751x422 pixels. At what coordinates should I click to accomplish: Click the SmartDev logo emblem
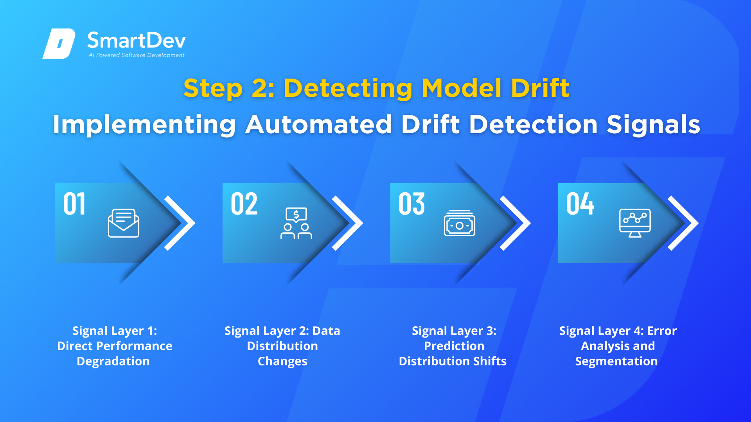[x=59, y=43]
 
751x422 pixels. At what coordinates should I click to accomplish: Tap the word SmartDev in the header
[x=137, y=40]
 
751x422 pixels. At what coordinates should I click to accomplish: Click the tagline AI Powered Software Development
[x=137, y=55]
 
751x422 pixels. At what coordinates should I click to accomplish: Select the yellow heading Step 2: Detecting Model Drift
[x=376, y=88]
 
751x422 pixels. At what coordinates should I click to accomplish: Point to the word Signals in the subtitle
[x=653, y=125]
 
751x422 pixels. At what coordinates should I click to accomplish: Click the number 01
[x=74, y=204]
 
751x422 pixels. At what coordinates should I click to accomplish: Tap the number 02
[x=244, y=204]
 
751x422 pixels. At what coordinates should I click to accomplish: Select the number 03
[x=411, y=204]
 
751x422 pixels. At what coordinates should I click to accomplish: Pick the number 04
[x=580, y=204]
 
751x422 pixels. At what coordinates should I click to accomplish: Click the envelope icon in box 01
[x=124, y=223]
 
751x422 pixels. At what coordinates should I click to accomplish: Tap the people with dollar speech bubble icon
[x=296, y=223]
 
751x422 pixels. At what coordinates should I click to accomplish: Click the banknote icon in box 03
[x=460, y=223]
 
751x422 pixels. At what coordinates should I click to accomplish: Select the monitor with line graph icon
[x=635, y=223]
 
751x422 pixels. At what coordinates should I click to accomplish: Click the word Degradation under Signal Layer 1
[x=113, y=361]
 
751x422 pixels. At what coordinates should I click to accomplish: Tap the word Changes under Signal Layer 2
[x=282, y=361]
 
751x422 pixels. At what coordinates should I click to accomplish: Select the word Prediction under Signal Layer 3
[x=454, y=346]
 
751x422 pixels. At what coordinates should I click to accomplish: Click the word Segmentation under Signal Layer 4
[x=616, y=361]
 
